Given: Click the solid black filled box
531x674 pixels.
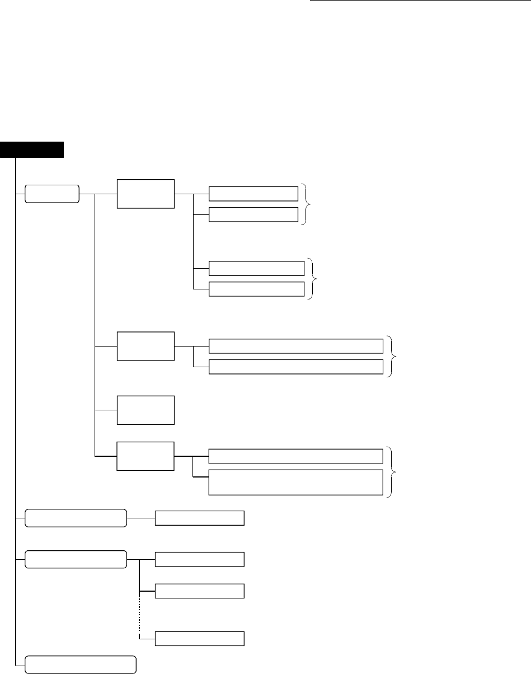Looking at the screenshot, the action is (32, 149).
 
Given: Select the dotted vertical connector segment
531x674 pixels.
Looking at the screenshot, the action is (138, 614).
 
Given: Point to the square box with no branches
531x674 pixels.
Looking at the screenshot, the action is (145, 410).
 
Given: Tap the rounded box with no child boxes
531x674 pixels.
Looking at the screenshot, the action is (81, 663).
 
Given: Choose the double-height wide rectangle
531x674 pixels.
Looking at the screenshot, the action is (295, 483).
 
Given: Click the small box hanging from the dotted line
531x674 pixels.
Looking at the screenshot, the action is (199, 638).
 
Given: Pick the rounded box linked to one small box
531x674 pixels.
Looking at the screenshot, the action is (76, 518).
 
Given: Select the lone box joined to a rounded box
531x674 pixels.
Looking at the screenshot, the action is (199, 518).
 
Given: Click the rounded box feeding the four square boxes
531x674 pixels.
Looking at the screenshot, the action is (52, 194).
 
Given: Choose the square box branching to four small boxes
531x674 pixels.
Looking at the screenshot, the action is (145, 194).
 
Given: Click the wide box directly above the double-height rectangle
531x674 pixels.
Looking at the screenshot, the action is (295, 456).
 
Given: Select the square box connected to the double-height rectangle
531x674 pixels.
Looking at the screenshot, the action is (145, 456).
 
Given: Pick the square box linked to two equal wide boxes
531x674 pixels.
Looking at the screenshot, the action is (145, 347).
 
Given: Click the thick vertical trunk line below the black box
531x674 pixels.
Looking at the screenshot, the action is (17, 392).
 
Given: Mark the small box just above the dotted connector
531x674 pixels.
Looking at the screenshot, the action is (199, 591).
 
